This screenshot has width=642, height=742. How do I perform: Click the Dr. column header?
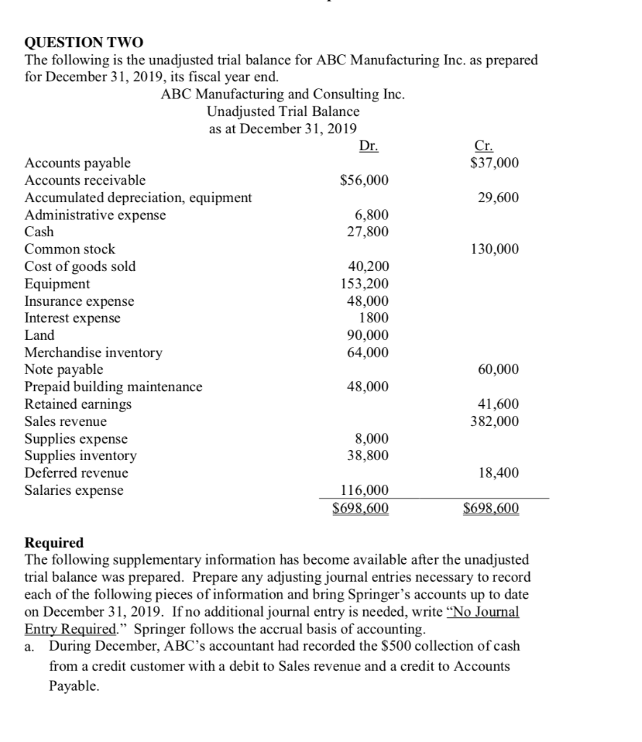[368, 146]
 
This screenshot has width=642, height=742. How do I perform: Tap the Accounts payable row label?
[78, 163]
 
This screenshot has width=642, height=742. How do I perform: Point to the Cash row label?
[39, 232]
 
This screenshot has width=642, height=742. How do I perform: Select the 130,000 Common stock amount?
[494, 249]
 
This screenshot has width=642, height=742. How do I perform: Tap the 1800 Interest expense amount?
[373, 318]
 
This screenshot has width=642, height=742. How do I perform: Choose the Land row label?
[40, 335]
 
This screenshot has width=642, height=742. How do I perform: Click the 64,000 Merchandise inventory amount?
[368, 353]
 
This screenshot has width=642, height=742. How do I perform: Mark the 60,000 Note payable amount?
[498, 370]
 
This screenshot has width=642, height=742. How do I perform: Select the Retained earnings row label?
[79, 404]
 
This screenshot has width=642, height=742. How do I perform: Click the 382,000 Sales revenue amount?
[494, 421]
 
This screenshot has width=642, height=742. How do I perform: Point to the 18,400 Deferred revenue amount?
[498, 473]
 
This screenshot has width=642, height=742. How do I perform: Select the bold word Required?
[54, 543]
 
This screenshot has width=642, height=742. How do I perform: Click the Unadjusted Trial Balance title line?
[283, 112]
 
